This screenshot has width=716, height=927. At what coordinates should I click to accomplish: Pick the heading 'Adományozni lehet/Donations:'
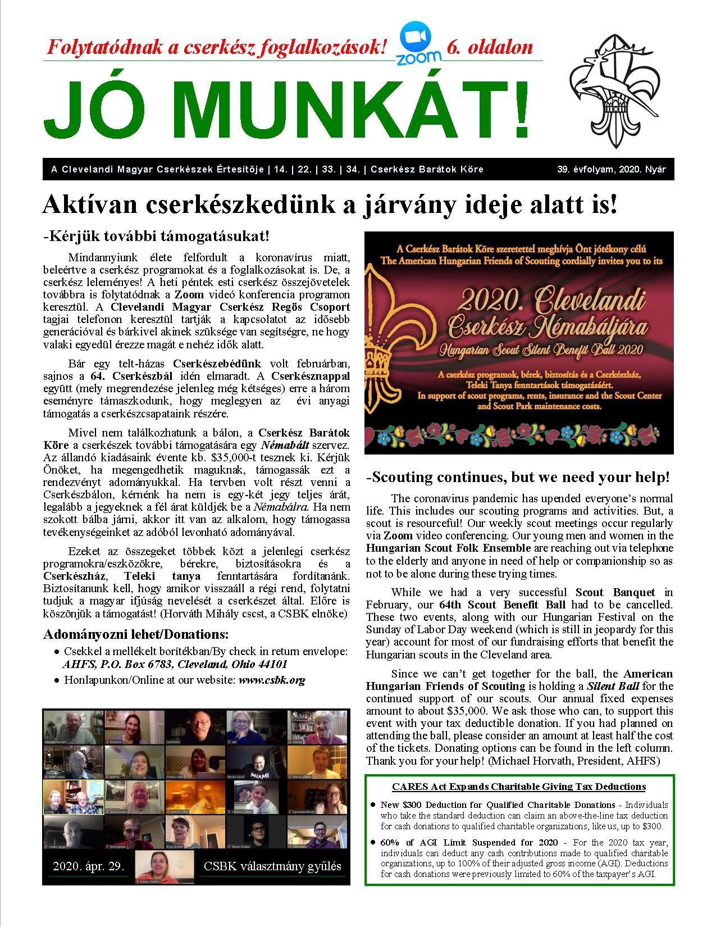tap(136, 634)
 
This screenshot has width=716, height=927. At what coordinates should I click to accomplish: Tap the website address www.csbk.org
tap(272, 680)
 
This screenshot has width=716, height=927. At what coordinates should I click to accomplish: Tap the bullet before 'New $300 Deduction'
tap(373, 804)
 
